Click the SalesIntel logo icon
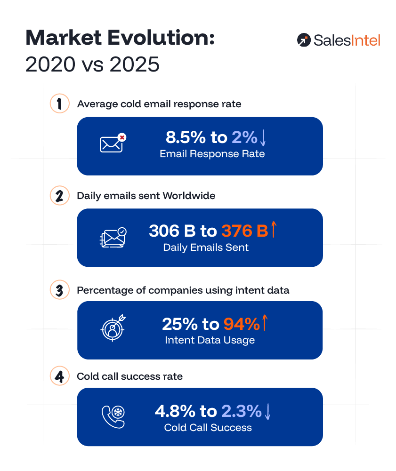[x=304, y=40]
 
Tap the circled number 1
[x=59, y=104]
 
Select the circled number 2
[x=59, y=196]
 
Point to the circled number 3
[x=59, y=290]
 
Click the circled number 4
[x=59, y=376]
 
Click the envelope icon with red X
[x=113, y=144]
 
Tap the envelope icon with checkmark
[x=113, y=238]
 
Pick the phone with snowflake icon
[x=113, y=416]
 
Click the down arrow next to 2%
[x=263, y=137]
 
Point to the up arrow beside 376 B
[x=274, y=231]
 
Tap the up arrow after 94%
[x=265, y=323]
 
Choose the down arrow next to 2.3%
[x=267, y=411]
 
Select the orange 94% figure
[x=241, y=324]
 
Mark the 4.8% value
[x=175, y=411]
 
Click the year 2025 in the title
[x=134, y=65]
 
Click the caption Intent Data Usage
[x=210, y=340]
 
